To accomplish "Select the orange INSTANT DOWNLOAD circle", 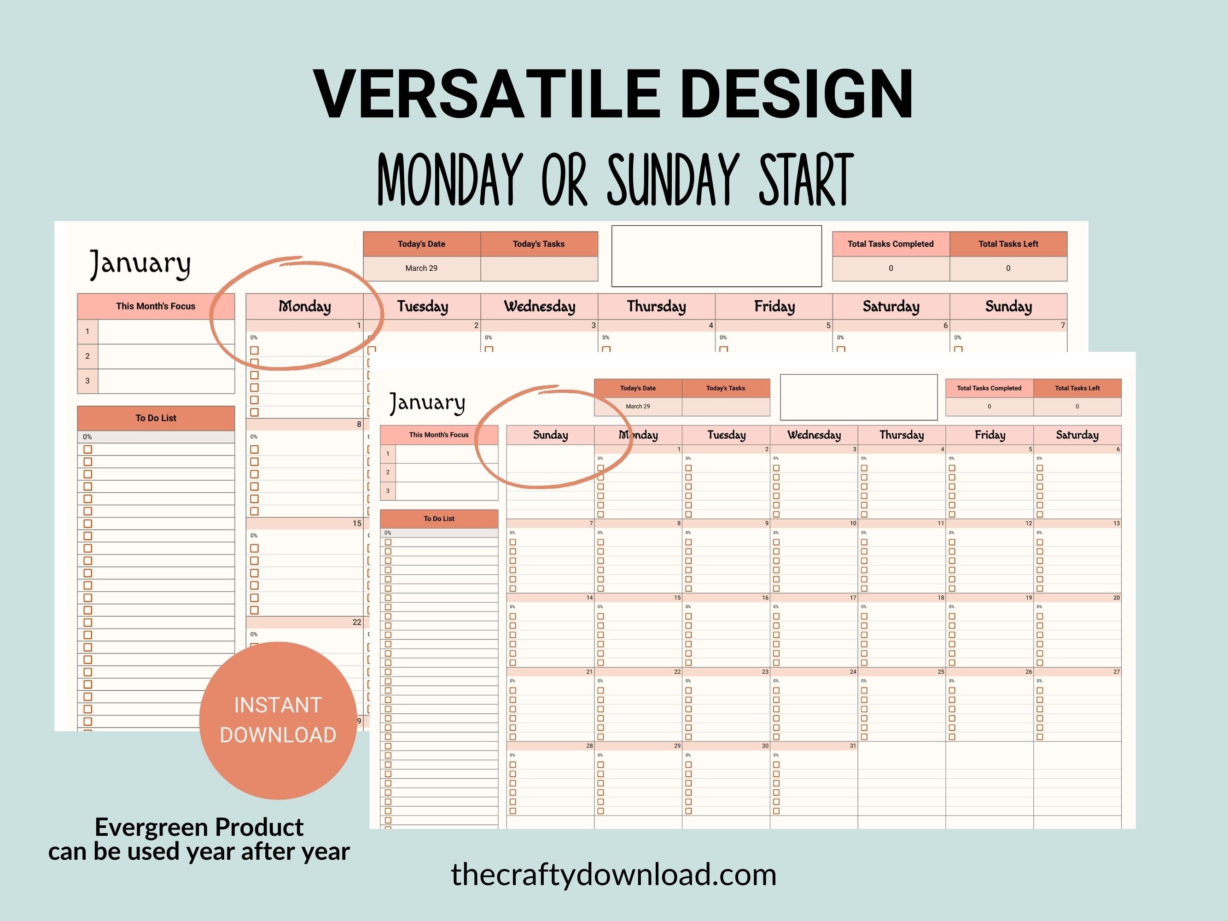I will click(x=278, y=720).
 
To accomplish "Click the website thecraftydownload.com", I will click(x=613, y=874).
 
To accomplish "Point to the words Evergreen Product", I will click(x=199, y=827).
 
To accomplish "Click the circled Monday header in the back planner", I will click(x=305, y=306).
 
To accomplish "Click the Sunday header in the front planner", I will click(x=550, y=435).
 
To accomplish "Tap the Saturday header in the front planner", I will click(x=1077, y=435).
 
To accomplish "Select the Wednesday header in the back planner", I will click(x=540, y=306).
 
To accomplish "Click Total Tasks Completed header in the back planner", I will click(x=890, y=244).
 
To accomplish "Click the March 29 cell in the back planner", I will click(x=421, y=268).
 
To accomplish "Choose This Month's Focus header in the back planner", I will click(x=156, y=306).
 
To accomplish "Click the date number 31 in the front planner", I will click(x=853, y=746).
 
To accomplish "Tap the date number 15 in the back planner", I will click(x=357, y=524).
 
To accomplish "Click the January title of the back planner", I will click(x=140, y=264).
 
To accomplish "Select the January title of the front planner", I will click(x=427, y=402).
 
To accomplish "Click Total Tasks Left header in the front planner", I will click(x=1077, y=388).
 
